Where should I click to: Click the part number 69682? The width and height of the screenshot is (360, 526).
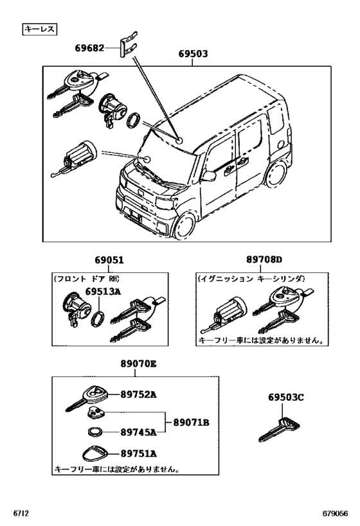click(89, 48)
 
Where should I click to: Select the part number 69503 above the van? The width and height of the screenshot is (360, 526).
click(193, 55)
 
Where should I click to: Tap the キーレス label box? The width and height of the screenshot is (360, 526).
click(40, 29)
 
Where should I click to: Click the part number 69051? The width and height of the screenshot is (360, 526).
click(109, 260)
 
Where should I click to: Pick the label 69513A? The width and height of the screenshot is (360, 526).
click(105, 290)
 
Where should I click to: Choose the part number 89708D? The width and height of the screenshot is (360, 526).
click(264, 260)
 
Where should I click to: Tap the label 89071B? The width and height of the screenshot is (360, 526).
click(191, 423)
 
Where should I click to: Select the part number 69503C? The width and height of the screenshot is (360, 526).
click(285, 398)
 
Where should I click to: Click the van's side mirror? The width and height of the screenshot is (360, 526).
click(210, 175)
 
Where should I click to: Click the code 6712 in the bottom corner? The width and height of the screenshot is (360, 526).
click(21, 514)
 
